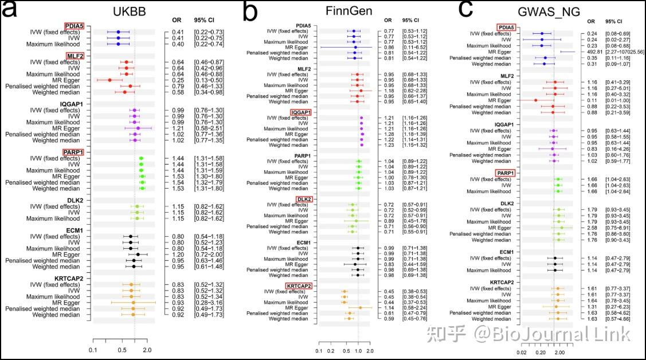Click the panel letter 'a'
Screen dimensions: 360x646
click(13, 12)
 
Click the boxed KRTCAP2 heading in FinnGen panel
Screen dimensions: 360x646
click(299, 285)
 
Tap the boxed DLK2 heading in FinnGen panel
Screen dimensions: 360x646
click(304, 199)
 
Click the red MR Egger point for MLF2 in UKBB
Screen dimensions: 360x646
click(110, 80)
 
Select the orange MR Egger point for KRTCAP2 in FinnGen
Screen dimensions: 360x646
click(360, 307)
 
